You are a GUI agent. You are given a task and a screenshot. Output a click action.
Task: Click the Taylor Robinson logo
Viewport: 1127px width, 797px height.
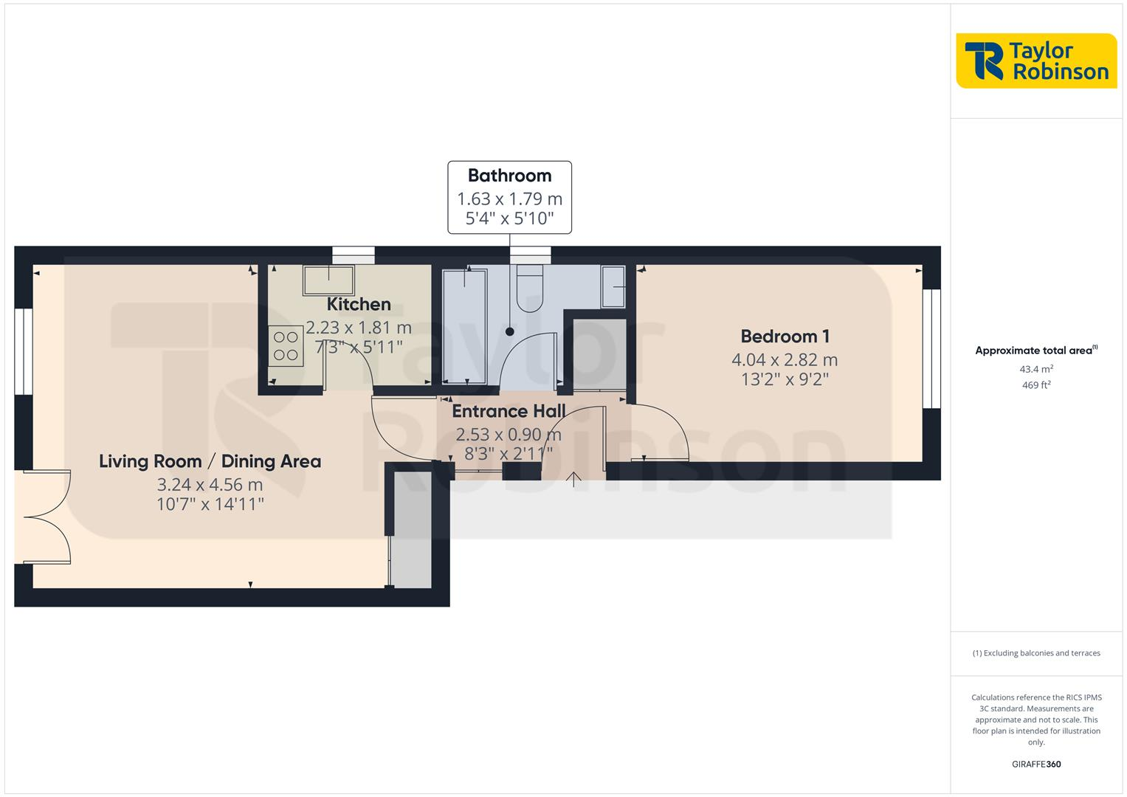[1035, 61]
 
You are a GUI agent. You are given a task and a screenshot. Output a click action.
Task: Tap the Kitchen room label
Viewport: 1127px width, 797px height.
[359, 304]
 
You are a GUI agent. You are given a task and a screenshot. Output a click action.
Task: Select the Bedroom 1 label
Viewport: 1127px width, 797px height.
[785, 337]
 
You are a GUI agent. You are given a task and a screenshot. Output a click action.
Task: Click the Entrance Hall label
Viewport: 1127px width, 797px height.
[509, 411]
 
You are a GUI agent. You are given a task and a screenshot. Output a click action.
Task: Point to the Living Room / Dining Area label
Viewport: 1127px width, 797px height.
[210, 461]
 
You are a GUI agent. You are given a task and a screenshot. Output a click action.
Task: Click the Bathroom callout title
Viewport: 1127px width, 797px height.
[509, 176]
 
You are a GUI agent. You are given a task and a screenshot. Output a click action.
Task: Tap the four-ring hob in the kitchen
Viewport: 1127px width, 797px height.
[286, 346]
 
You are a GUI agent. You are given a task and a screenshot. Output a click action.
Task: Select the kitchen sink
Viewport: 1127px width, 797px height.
[328, 280]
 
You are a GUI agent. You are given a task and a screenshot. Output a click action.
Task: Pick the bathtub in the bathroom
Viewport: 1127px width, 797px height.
[464, 326]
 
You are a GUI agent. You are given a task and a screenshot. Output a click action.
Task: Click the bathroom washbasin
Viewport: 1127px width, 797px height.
[613, 286]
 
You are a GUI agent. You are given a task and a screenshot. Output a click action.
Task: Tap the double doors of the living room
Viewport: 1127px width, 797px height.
[43, 517]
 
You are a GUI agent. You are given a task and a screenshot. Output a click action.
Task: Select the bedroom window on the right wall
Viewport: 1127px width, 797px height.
[932, 348]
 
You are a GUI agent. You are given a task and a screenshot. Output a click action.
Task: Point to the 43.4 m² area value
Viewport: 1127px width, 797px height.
[1035, 369]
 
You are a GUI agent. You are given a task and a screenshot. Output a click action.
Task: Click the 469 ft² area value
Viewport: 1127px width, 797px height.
[1035, 385]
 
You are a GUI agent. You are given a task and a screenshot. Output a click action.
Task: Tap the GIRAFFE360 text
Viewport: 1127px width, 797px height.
[1035, 765]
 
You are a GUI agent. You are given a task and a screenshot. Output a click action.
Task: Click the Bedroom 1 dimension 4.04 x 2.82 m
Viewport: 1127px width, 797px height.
[785, 360]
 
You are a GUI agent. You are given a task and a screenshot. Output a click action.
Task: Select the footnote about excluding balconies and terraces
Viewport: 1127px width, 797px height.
[1035, 653]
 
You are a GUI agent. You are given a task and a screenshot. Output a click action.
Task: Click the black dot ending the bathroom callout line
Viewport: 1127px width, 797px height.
[509, 332]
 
